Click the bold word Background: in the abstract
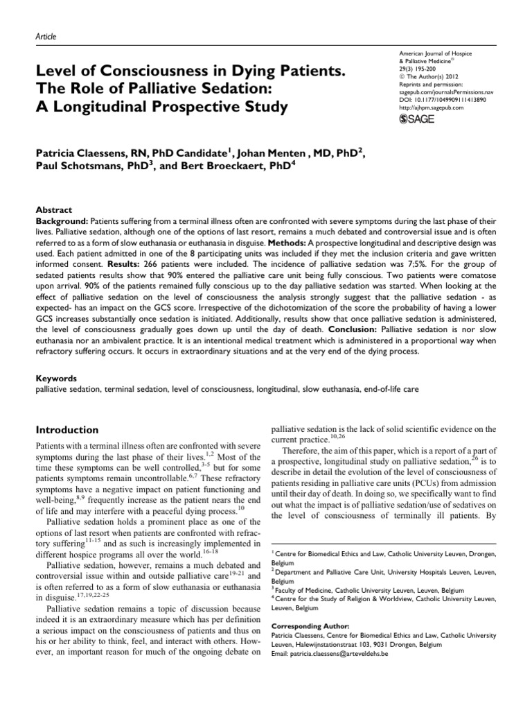[x=62, y=220]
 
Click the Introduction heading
[x=67, y=430]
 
